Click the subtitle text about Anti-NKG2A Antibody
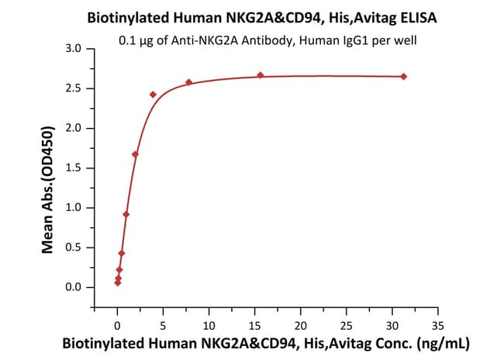[268, 40]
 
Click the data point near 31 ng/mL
[404, 76]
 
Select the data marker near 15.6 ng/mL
[261, 75]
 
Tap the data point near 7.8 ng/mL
[189, 82]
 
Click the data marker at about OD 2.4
[154, 95]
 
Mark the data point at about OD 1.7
[136, 154]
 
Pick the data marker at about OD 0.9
[126, 214]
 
